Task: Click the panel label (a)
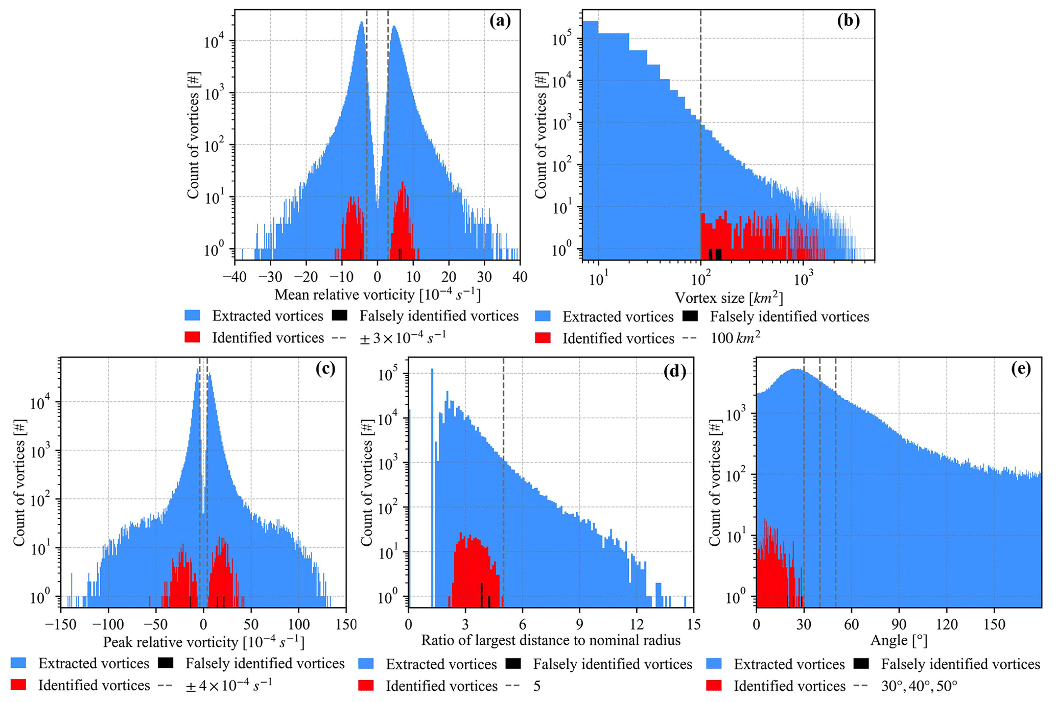coord(500,21)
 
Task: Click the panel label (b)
coord(849,21)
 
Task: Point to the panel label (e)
coord(1021,370)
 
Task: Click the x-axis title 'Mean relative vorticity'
coord(377,295)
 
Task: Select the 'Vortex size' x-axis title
coord(729,298)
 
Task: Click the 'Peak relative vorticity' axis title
coord(203,642)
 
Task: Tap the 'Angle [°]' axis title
coord(899,640)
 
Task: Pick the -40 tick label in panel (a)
coord(234,277)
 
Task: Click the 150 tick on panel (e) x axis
coord(994,624)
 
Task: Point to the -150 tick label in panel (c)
coord(60,624)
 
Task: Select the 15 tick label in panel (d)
coord(693,624)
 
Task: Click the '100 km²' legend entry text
coord(735,338)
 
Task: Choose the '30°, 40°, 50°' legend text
coord(919,686)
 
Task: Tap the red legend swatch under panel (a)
coord(193,337)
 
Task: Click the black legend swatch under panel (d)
coord(513,664)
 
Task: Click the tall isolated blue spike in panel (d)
coord(432,485)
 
